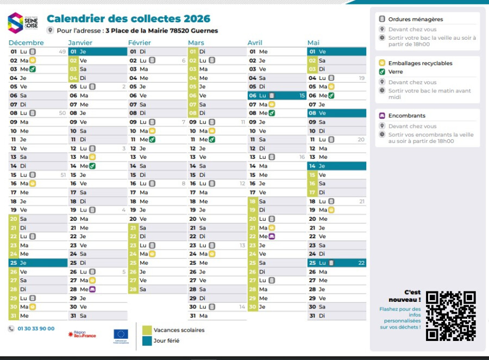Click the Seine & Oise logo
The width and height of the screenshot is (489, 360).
pos(23,22)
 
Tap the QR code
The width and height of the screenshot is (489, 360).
pos(450,316)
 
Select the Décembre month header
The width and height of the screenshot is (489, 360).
pos(26,42)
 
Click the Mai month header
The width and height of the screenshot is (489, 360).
pos(314,42)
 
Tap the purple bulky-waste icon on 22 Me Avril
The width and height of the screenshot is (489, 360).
pos(272,237)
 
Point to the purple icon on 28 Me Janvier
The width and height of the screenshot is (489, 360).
pos(92,289)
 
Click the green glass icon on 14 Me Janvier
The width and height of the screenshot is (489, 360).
pos(92,166)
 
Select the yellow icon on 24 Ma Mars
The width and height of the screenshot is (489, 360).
pos(212,254)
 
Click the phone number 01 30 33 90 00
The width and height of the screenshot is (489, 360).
pos(36,328)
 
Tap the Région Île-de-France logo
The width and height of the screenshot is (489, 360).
pos(82,334)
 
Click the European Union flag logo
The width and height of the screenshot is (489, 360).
pos(121,334)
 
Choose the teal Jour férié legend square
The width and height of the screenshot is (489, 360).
pos(147,341)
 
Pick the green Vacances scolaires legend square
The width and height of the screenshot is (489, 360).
pos(147,330)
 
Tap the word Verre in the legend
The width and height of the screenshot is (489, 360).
pos(396,72)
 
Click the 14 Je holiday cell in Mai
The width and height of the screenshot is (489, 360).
pos(337,166)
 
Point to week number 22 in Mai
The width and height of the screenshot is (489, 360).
pos(361,263)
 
